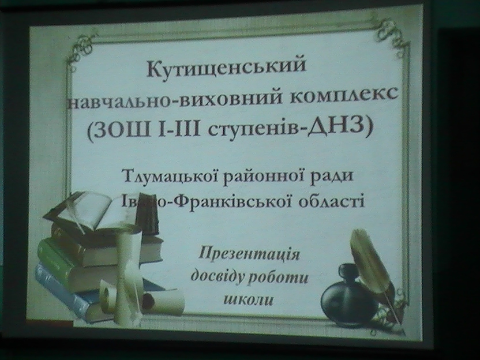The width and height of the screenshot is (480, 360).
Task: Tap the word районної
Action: (x=265, y=177)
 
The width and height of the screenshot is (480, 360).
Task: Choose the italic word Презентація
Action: (x=249, y=254)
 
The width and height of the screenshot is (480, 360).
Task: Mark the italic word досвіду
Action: (x=217, y=277)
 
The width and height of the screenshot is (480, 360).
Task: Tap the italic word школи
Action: (x=249, y=299)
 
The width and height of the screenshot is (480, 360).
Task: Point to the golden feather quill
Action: (x=372, y=267)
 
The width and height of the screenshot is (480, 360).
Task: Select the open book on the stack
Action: (x=89, y=212)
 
